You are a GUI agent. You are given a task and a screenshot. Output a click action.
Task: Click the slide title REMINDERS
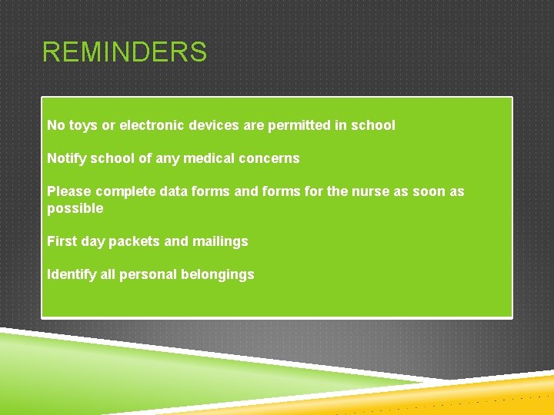[x=124, y=53]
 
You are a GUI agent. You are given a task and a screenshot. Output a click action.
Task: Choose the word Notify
[x=66, y=158]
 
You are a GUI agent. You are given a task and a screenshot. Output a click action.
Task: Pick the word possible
[x=75, y=208]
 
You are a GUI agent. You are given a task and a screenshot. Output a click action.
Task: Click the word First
[x=62, y=241]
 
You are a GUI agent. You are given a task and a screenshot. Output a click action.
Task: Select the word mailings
[x=219, y=241]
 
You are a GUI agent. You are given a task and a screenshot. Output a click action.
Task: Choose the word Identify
[x=71, y=274]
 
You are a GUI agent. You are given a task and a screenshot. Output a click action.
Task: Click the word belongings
[x=217, y=274]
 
